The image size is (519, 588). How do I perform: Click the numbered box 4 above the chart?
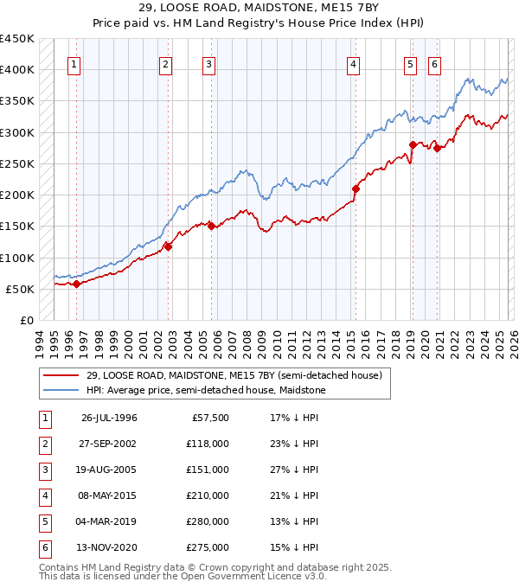point(354,64)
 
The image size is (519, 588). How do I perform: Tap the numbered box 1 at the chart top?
point(74,64)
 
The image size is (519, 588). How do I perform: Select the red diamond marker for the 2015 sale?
point(356,188)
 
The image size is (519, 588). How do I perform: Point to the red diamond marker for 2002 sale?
point(168,246)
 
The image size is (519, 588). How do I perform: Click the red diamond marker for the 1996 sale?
point(77,284)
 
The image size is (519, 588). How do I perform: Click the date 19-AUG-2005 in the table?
point(110,470)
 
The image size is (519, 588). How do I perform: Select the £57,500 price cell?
point(208,418)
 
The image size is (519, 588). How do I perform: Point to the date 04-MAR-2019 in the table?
point(110,521)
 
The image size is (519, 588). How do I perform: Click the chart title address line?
point(259,10)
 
